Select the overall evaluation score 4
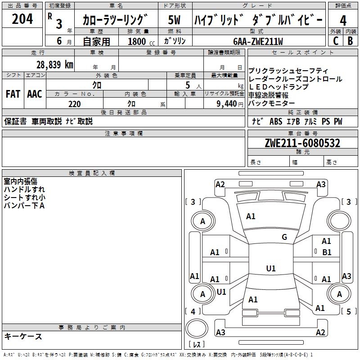pos(343,20)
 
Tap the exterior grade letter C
pos(335,40)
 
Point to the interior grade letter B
pos(350,40)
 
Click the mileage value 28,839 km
pos(54,64)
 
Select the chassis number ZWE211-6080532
pos(302,143)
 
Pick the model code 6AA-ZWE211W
pos(258,41)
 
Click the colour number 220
pos(74,104)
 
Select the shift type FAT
pos(13,94)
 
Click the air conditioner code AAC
pos(34,94)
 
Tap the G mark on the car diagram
pos(284,237)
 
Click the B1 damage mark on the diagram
pos(327,252)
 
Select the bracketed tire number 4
pos(193,311)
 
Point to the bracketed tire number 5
pos(348,311)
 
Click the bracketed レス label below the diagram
pos(197,345)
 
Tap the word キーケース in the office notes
pos(23,336)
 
